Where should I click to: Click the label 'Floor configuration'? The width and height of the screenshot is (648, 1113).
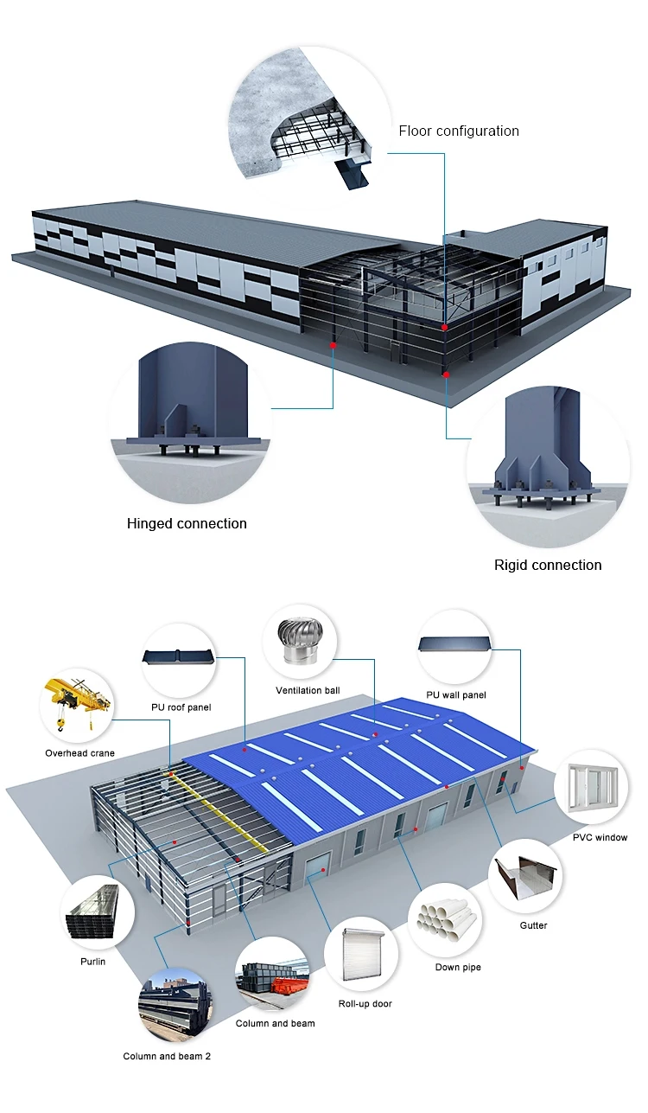click(459, 131)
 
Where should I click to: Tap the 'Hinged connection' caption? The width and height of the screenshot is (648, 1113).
click(187, 523)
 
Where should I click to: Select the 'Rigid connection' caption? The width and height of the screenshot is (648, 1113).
click(548, 565)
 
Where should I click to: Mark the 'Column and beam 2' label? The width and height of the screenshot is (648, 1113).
click(167, 1056)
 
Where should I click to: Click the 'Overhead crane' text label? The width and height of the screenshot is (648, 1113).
click(79, 753)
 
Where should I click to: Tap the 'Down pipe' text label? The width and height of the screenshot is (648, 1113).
click(458, 967)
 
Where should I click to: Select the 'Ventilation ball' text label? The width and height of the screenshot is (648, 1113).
click(308, 691)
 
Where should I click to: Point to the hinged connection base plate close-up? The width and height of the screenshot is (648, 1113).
click(191, 414)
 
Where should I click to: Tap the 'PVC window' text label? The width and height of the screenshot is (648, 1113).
click(600, 837)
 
